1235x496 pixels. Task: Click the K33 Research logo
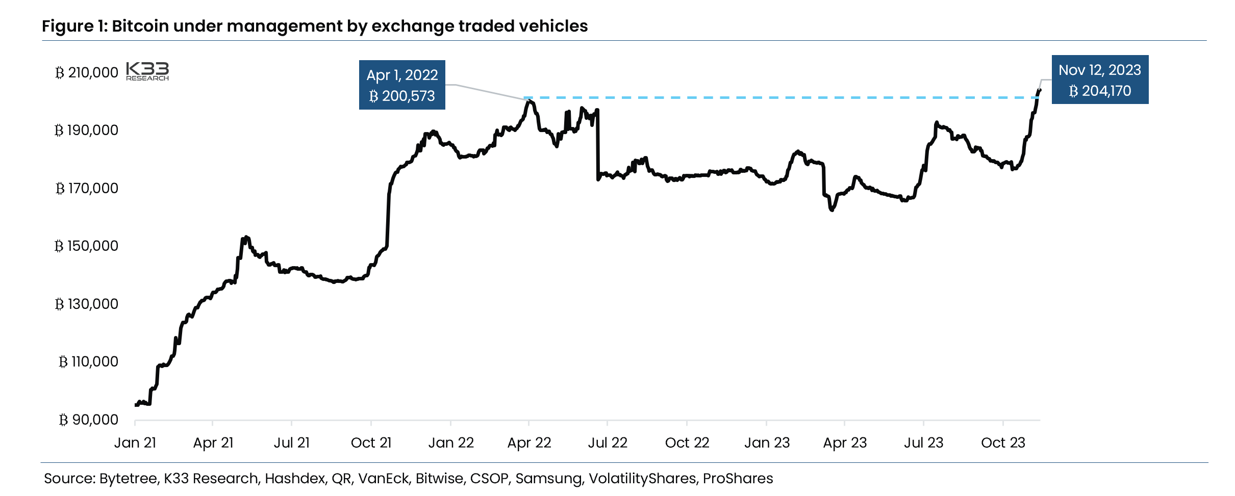[x=147, y=71]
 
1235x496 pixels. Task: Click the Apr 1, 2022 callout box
[x=402, y=85]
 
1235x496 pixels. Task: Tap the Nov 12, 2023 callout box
[x=1099, y=80]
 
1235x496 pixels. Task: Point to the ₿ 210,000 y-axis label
[x=87, y=73]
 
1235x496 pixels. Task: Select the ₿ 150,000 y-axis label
[x=86, y=246]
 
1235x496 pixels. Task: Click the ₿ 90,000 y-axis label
[x=89, y=420]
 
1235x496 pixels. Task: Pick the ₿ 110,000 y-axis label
[x=89, y=362]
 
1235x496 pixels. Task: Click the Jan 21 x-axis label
[x=135, y=442]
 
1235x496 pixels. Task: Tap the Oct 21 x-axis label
[x=371, y=442]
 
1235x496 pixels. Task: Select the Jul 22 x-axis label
[x=607, y=442]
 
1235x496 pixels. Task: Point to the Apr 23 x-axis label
[x=845, y=442]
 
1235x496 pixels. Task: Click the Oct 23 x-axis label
[x=1003, y=442]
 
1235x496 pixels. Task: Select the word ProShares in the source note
[x=738, y=478]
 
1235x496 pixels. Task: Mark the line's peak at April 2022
[x=530, y=101]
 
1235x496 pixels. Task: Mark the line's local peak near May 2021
[x=246, y=237]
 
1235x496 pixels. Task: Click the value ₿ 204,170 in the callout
[x=1100, y=91]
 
